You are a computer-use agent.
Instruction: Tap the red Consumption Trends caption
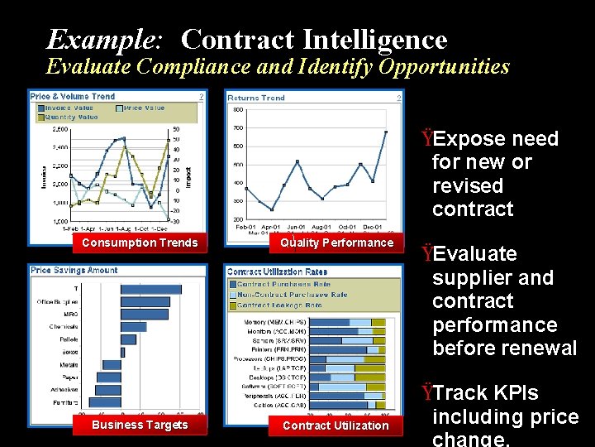140,243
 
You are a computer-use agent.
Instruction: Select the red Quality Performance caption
336,243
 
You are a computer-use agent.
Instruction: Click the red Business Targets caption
140,425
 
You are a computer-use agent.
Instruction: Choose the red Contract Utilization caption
336,425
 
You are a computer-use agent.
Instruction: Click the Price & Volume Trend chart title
73,97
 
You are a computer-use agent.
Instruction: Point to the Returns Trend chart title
256,98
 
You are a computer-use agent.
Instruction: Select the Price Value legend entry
144,108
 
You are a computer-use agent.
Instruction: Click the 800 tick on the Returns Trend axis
238,109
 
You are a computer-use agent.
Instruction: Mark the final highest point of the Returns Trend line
386,131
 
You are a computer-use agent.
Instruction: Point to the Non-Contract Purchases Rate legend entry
293,295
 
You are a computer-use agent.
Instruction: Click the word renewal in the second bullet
536,348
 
